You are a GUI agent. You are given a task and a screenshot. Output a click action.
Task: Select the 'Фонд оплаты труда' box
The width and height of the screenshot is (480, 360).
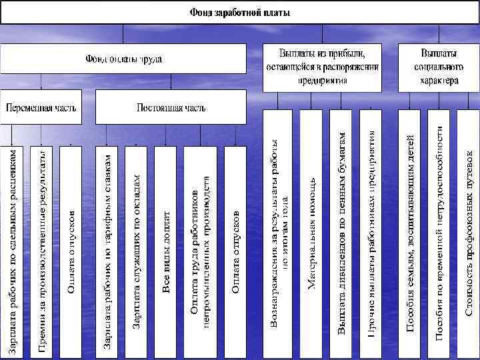coord(123,59)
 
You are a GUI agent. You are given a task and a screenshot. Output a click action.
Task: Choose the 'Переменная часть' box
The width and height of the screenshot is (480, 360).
coord(41,107)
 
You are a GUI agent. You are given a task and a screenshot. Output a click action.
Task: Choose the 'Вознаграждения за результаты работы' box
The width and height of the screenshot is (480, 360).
coord(279,233)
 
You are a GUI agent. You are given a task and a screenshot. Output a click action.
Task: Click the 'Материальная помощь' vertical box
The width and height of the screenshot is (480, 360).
coord(311,233)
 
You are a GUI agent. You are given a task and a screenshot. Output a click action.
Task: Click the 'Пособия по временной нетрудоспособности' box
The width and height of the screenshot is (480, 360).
coord(439,233)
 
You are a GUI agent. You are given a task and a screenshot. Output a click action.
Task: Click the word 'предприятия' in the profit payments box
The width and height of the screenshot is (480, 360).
coord(321,79)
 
